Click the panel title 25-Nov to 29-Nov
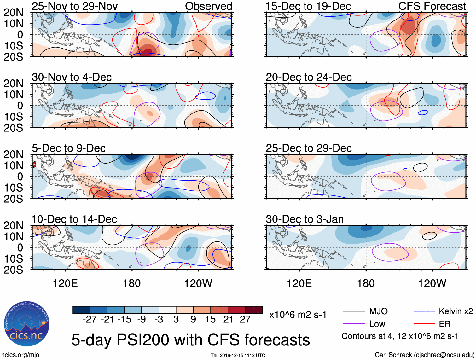tap(75, 6)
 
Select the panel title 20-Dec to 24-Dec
tap(309, 77)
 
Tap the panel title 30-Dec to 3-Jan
tap(305, 219)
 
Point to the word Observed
tap(208, 6)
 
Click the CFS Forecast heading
tap(432, 6)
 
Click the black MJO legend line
tap(354, 311)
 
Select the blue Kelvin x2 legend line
tap(424, 311)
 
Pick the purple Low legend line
tap(354, 324)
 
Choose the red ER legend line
tap(424, 324)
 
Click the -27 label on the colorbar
tap(90, 320)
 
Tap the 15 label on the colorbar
tap(210, 320)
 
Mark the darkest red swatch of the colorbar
tap(254, 310)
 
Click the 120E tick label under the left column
tap(65, 283)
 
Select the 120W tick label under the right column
tap(432, 283)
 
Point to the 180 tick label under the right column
tap(366, 283)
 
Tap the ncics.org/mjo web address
tap(20, 355)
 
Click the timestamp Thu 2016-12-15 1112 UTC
tap(238, 355)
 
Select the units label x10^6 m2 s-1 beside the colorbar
tap(298, 315)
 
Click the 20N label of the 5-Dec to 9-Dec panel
tap(14, 154)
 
